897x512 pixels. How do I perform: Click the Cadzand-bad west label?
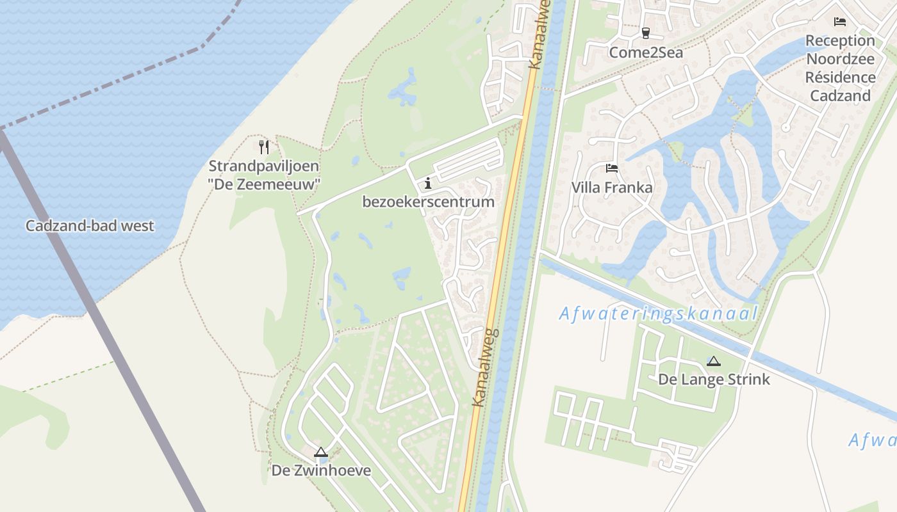pos(90,226)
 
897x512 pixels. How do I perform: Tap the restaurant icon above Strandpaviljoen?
pos(263,147)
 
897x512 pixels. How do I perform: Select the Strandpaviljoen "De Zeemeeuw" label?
pos(264,175)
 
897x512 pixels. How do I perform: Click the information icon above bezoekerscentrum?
pos(428,184)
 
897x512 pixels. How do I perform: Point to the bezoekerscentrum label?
pos(428,202)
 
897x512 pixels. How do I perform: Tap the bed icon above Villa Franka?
pos(612,169)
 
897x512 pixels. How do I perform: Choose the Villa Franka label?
pos(612,188)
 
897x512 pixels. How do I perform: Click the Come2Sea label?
pos(646,52)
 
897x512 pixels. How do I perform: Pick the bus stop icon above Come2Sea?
pos(645,33)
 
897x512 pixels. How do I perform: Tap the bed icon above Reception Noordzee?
pos(840,22)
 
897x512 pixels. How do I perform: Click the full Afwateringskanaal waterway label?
pos(659,314)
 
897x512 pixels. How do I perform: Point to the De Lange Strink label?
pos(714,380)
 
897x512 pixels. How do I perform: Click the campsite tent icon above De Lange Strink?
pos(714,362)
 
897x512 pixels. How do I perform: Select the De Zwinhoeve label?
pos(321,470)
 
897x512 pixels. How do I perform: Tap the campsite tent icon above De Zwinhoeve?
pos(321,452)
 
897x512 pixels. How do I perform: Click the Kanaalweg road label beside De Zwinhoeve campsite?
pos(485,368)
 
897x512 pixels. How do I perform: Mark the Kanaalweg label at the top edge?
pos(540,35)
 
